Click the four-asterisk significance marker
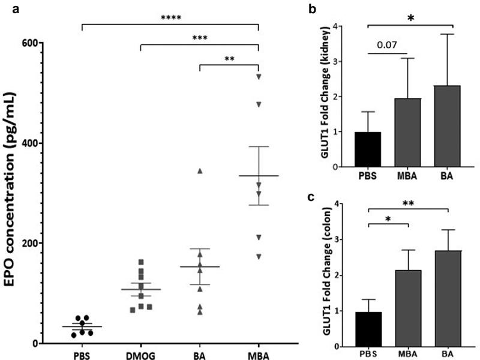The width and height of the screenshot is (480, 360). (x=170, y=17)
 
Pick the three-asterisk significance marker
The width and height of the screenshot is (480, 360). (x=200, y=37)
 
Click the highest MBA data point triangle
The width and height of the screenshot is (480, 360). (x=259, y=77)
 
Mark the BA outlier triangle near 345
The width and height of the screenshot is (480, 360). (x=200, y=172)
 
